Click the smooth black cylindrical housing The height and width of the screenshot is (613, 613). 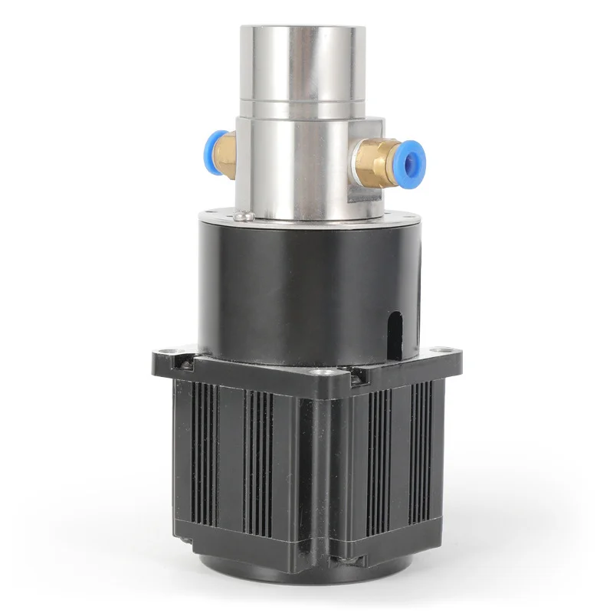coord(291,291)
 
